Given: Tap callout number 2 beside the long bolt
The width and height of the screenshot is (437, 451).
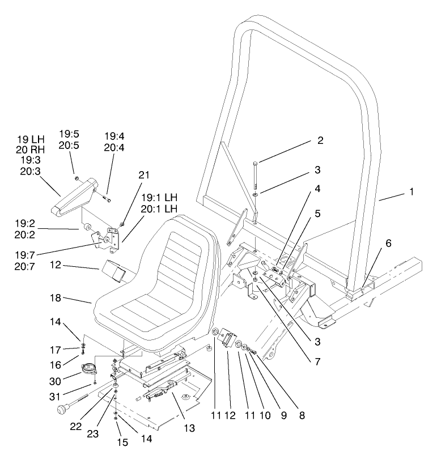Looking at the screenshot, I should (320, 141).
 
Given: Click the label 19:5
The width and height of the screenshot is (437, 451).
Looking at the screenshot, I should (71, 134).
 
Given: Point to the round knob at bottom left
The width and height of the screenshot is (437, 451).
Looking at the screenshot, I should (60, 408).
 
